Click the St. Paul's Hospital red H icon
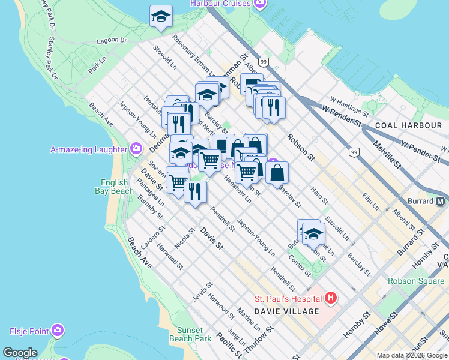(x=330, y=298)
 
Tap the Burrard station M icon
(x=441, y=201)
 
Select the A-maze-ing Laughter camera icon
(x=136, y=149)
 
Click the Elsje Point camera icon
(x=58, y=331)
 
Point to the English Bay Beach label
(x=114, y=187)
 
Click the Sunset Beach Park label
(x=194, y=334)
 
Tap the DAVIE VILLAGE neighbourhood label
(x=286, y=311)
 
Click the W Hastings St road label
(x=349, y=108)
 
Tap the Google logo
(x=20, y=353)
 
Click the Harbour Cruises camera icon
(x=259, y=4)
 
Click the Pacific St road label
(x=228, y=344)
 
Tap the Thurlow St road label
(x=264, y=340)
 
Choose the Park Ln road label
(x=97, y=65)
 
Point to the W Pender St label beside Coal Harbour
(x=343, y=116)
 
